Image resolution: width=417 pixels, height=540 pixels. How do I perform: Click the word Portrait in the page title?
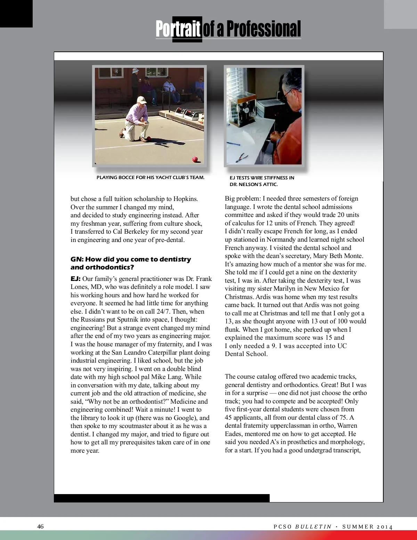click(x=178, y=29)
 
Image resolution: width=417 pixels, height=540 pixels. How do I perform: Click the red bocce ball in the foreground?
click(x=195, y=159)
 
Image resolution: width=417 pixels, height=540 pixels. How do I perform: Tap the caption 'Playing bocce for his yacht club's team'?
click(x=150, y=177)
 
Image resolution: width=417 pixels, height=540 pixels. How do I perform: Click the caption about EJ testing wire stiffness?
click(x=262, y=181)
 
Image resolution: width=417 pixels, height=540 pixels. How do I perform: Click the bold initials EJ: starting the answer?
click(x=75, y=279)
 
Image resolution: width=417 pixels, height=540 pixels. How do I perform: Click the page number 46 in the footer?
click(x=40, y=526)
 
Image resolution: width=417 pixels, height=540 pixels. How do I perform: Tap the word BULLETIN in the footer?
click(x=313, y=527)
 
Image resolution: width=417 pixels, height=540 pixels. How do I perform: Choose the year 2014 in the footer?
click(x=385, y=527)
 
